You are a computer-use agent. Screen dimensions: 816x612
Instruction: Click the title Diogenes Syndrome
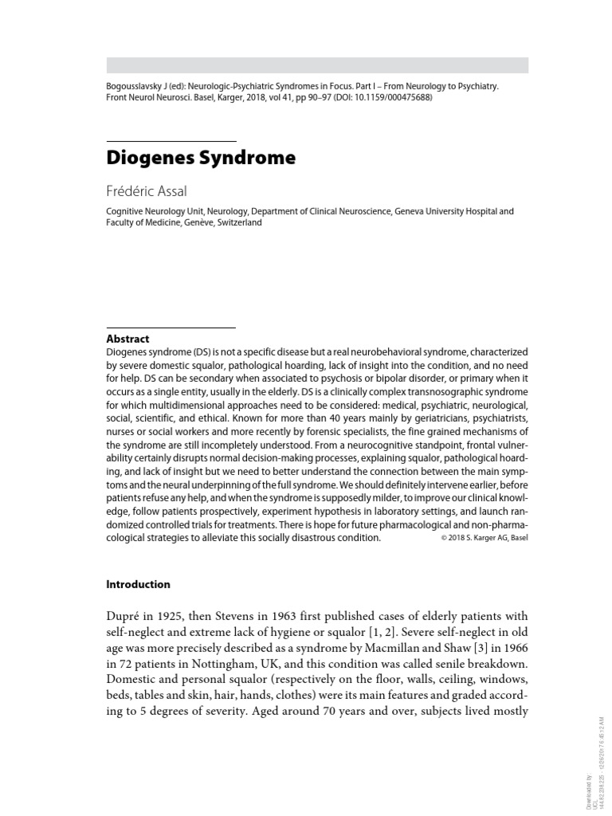click(x=201, y=158)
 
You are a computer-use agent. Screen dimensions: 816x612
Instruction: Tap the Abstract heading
click(x=127, y=339)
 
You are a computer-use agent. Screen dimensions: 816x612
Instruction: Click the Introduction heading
click(x=138, y=584)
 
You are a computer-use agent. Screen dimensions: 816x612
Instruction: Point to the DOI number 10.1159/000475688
click(x=393, y=98)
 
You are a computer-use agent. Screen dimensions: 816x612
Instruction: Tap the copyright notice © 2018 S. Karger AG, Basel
click(x=484, y=538)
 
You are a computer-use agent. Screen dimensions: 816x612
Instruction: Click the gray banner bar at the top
click(x=317, y=65)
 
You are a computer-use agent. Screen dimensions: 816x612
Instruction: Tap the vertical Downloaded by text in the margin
click(x=587, y=792)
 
